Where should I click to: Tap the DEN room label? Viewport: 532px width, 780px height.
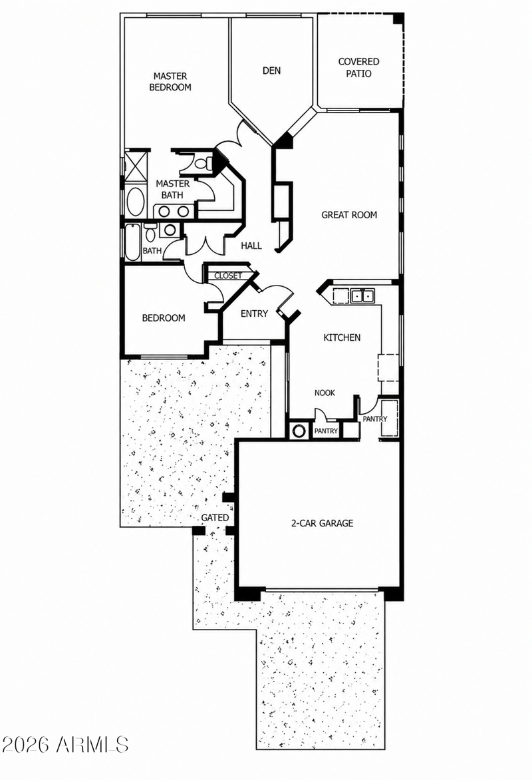(269, 71)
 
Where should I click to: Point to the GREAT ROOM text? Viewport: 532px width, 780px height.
(349, 215)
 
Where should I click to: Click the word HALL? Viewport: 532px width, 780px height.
(251, 246)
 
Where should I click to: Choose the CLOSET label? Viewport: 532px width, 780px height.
(227, 276)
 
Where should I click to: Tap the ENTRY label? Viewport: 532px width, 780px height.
(254, 314)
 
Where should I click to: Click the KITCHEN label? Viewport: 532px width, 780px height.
(342, 338)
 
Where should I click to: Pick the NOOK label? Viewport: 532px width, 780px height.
(325, 393)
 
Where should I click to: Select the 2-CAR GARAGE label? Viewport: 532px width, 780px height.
(322, 523)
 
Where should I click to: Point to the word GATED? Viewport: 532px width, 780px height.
(215, 517)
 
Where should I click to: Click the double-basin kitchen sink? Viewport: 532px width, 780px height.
(362, 295)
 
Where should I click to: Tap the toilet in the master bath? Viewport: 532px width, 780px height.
(204, 162)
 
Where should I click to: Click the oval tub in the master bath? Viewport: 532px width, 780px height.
(134, 201)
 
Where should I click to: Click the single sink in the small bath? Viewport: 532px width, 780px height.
(170, 230)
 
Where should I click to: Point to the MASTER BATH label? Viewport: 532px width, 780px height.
(173, 189)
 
